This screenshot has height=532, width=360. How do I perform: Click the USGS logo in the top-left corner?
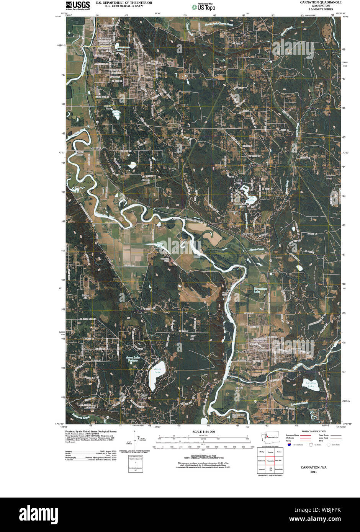click(x=78, y=5)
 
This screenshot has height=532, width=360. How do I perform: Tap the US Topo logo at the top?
click(x=204, y=7)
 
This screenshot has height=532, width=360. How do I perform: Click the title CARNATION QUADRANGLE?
click(x=320, y=2)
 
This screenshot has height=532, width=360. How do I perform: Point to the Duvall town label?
click(x=117, y=61)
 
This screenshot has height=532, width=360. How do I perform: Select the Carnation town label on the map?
click(x=242, y=351)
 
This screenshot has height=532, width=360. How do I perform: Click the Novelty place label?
click(x=95, y=148)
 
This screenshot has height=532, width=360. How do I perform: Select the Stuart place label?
click(x=176, y=219)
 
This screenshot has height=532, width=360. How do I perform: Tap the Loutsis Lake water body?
click(x=116, y=116)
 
